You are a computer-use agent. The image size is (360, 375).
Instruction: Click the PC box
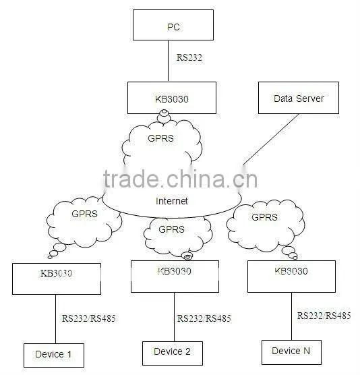(x=173, y=25)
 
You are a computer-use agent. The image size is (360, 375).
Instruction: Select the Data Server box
(x=299, y=98)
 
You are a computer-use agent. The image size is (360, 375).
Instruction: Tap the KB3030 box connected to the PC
(x=172, y=98)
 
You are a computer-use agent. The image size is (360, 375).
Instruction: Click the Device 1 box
(x=54, y=355)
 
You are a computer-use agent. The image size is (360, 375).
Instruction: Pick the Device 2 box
(x=173, y=353)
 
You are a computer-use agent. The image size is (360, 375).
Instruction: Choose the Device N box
(x=291, y=352)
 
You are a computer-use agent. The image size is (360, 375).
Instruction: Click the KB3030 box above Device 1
(x=57, y=279)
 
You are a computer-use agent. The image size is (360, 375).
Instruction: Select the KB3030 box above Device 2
(x=175, y=277)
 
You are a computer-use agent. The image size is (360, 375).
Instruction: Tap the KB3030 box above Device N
(x=291, y=277)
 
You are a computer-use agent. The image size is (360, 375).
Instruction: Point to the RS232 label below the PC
(x=189, y=57)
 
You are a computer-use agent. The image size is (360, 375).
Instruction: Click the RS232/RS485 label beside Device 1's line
(x=89, y=318)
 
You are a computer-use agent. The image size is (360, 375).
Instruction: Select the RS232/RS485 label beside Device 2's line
(x=204, y=318)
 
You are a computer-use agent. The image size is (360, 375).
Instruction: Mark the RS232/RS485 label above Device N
(x=324, y=316)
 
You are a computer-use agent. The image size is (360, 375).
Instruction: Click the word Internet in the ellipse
(x=172, y=201)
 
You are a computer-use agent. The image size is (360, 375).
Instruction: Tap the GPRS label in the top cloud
(x=160, y=138)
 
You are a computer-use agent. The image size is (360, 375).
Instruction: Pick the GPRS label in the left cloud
(x=85, y=214)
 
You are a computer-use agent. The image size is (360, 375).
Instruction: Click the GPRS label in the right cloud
(x=265, y=217)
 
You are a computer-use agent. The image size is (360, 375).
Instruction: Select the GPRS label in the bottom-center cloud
(x=172, y=229)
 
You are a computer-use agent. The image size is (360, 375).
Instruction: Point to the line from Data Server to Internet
(x=271, y=139)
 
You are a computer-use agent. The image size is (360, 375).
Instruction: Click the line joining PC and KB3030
(x=169, y=61)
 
